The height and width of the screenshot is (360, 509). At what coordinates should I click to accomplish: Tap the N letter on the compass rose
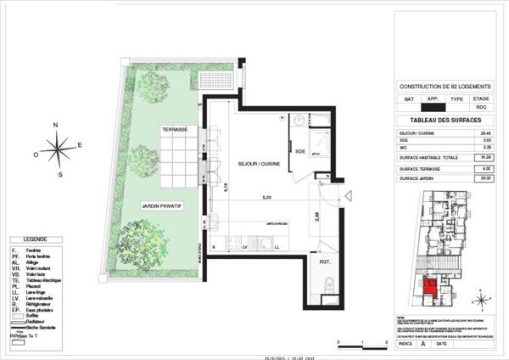55,125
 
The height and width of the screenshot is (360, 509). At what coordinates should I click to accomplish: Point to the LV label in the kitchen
245,245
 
